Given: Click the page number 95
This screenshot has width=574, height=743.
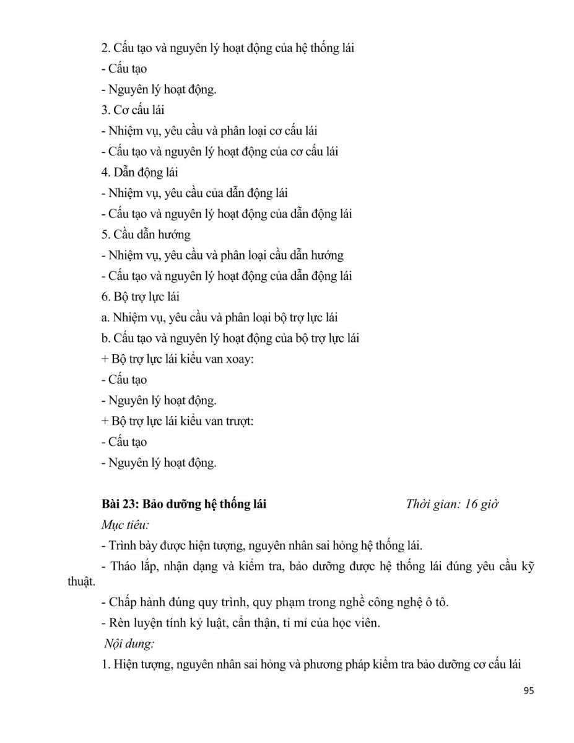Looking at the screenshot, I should (x=528, y=692).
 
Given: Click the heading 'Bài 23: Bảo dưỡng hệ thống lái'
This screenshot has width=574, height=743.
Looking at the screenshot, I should (x=184, y=504).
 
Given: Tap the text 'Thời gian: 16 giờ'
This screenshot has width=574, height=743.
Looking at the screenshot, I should (x=453, y=504).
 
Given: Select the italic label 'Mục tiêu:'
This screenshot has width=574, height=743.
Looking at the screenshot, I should (x=125, y=525).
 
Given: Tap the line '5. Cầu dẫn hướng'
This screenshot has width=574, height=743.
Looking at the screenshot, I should (x=146, y=235).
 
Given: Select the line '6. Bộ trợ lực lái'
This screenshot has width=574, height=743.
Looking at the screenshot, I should (x=141, y=297).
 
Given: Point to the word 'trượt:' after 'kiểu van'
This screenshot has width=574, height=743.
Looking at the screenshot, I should (x=239, y=421).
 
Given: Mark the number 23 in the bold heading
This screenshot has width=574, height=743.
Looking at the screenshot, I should (x=123, y=504).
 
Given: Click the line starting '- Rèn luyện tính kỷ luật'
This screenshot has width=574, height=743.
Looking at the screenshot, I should (x=241, y=623).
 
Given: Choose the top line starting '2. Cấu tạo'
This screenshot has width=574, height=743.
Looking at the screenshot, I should (x=227, y=48).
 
